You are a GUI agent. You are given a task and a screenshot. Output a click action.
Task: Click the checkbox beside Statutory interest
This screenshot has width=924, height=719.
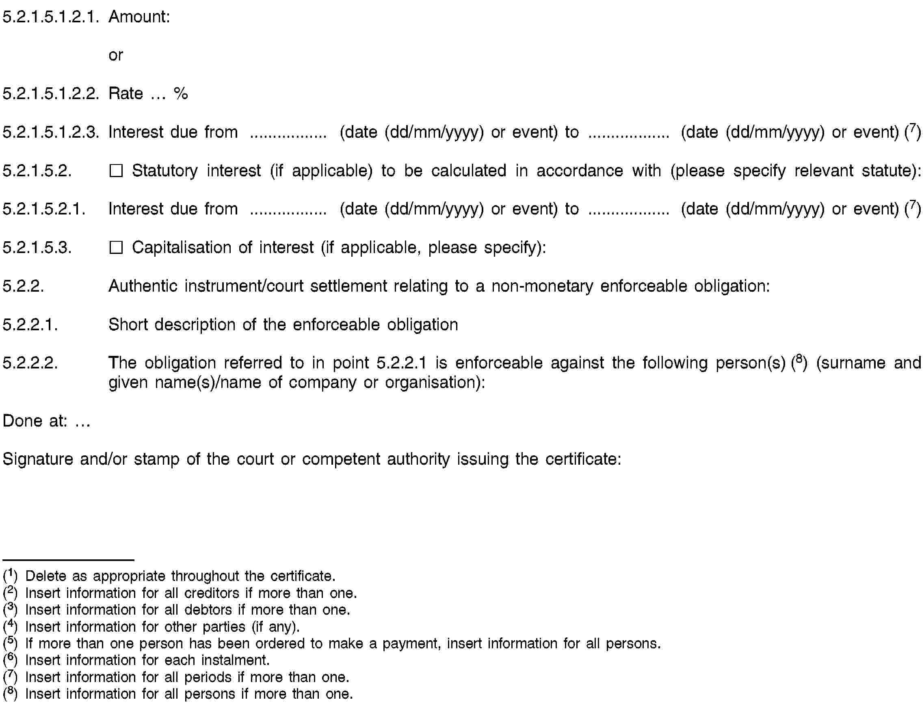coord(116,171)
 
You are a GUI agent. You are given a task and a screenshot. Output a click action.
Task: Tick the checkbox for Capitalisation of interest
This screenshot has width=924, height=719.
coord(116,247)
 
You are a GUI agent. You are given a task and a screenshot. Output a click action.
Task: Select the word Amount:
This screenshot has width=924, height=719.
coord(139,17)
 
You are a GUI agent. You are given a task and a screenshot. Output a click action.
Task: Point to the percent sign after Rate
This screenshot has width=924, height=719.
coord(181,93)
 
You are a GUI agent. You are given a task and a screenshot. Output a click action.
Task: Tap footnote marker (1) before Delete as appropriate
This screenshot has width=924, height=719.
coord(10,576)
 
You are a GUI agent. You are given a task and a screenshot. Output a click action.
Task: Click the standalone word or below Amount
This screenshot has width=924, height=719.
coord(115,55)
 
